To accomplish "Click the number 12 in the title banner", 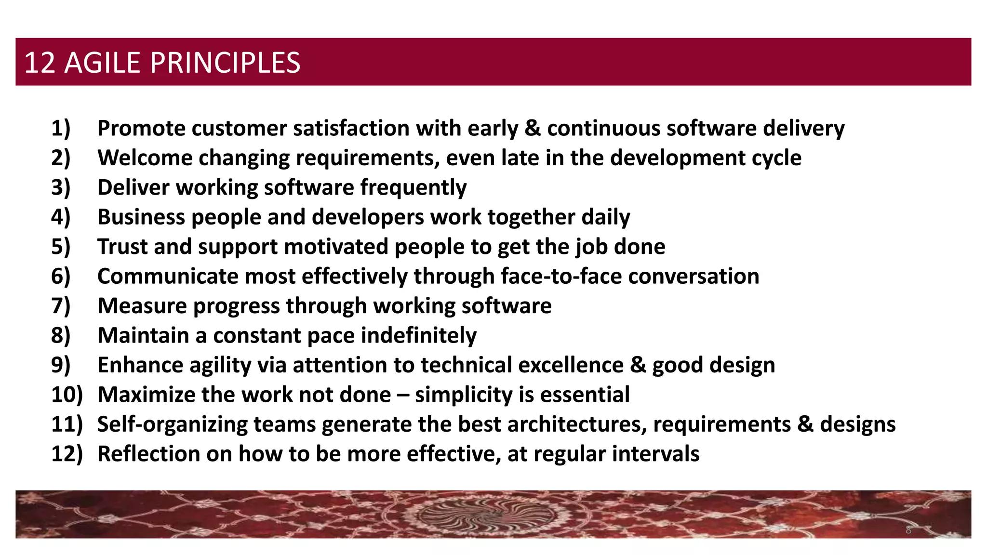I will coord(40,63).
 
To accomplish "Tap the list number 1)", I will coord(61,129).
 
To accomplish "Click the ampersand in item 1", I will coord(533,129).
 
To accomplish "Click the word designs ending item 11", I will coord(858,424).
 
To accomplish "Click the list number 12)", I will coord(67,454).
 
